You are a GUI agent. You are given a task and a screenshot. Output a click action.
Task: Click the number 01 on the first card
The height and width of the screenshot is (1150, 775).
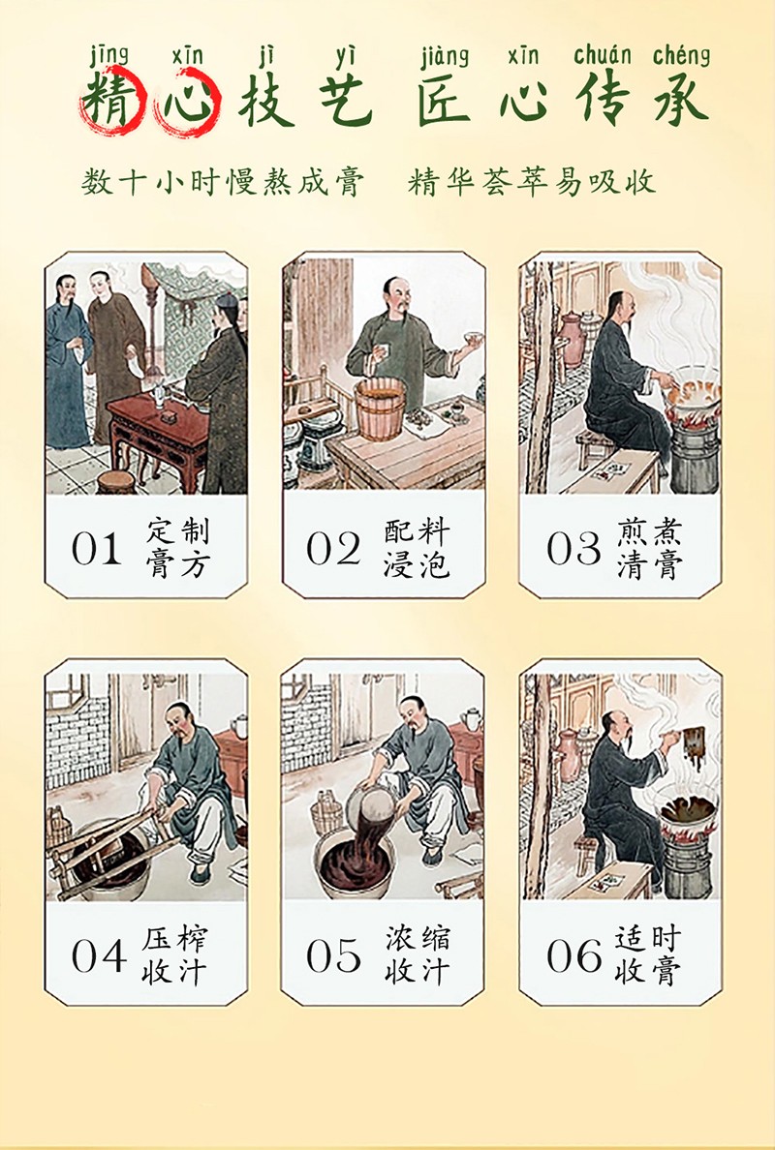click(x=96, y=548)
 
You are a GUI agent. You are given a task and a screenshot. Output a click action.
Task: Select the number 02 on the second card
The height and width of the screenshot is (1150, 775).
click(x=333, y=548)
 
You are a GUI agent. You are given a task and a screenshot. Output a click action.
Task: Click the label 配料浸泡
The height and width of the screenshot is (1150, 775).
click(x=416, y=548)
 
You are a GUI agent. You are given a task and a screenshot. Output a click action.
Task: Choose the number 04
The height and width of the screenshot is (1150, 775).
click(x=96, y=955)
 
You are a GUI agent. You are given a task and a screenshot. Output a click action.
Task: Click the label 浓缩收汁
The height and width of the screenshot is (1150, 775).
click(x=417, y=955)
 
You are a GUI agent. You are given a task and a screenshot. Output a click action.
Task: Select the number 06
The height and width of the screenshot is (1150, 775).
click(x=573, y=955)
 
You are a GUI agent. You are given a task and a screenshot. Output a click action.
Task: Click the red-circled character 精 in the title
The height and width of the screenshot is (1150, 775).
click(x=108, y=101)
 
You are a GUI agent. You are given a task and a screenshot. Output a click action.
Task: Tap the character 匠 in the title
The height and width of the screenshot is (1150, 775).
click(x=445, y=101)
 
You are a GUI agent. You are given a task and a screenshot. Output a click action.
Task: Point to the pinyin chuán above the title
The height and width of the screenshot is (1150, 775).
click(x=602, y=56)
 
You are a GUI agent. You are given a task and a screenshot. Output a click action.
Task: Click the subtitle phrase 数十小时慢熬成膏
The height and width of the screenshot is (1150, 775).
click(x=223, y=182)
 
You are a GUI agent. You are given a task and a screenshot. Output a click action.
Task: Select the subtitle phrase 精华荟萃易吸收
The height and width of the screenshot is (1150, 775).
click(x=532, y=182)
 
